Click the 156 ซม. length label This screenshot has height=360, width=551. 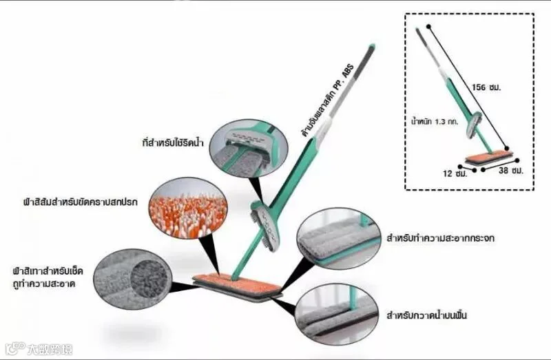coord(486,87)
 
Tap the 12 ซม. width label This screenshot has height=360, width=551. coord(455,173)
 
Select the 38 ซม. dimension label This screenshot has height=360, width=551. coord(511,171)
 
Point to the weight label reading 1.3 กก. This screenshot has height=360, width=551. coord(435,123)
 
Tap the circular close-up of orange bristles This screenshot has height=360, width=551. coord(188,208)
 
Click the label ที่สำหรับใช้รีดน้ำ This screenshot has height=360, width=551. coord(173,143)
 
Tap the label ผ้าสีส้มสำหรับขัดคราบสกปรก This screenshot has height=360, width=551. coord(80,202)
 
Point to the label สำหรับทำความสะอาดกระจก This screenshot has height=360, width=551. coord(441,238)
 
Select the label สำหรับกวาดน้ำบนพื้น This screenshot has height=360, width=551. coord(426,315)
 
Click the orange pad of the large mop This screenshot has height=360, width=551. coord(237,283)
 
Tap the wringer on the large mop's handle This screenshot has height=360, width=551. coord(265,226)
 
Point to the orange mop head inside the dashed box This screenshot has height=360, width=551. coord(488,157)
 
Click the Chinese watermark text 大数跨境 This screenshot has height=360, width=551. coord(50,349)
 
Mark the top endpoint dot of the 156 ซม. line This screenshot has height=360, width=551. coord(428,27)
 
